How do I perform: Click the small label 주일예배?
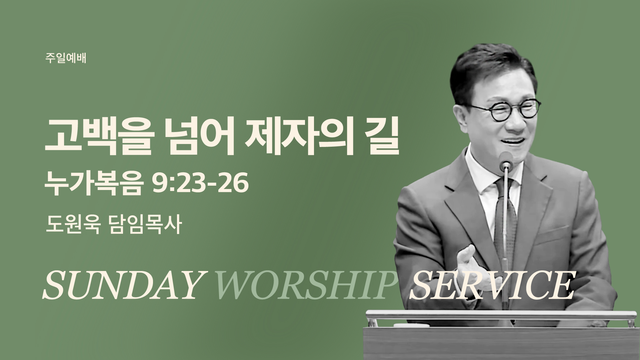click(66, 59)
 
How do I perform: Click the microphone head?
click(506, 159)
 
